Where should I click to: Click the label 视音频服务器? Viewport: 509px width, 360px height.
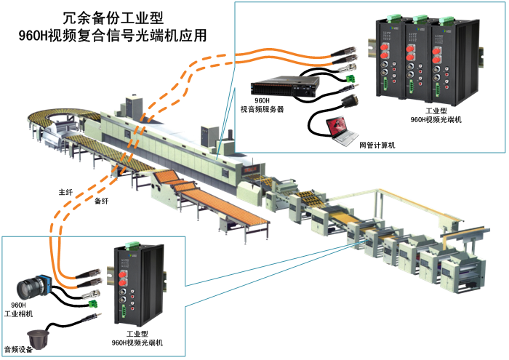point(262,109)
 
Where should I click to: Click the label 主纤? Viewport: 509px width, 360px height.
point(66,193)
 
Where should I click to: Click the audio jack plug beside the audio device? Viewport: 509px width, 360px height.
point(91,317)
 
